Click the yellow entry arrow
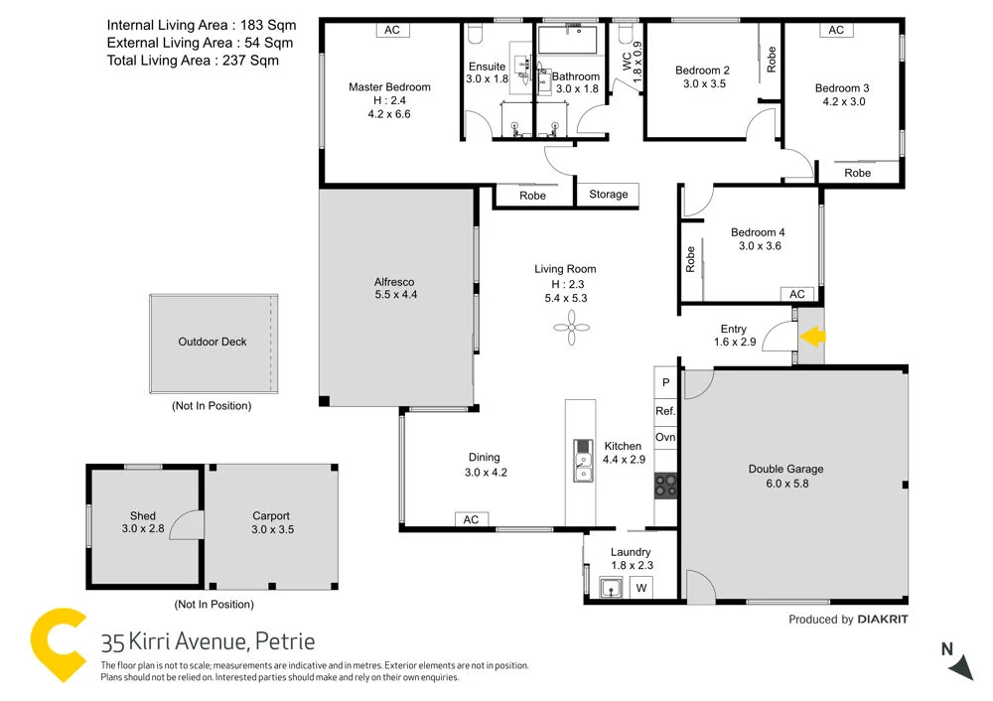[x=812, y=337]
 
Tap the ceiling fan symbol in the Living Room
[x=572, y=328]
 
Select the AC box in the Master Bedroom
[x=392, y=30]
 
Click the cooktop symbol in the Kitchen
[x=665, y=485]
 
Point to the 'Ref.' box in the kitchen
[x=665, y=410]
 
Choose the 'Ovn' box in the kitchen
[x=665, y=437]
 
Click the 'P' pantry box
[x=665, y=382]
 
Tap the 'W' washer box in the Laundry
[x=641, y=588]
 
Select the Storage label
[x=608, y=195]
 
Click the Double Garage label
[x=785, y=469]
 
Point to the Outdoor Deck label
[x=213, y=342]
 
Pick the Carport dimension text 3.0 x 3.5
[x=271, y=529]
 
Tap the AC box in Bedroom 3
[x=836, y=30]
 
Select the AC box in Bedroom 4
[x=796, y=294]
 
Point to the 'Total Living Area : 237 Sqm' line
[x=193, y=61]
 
